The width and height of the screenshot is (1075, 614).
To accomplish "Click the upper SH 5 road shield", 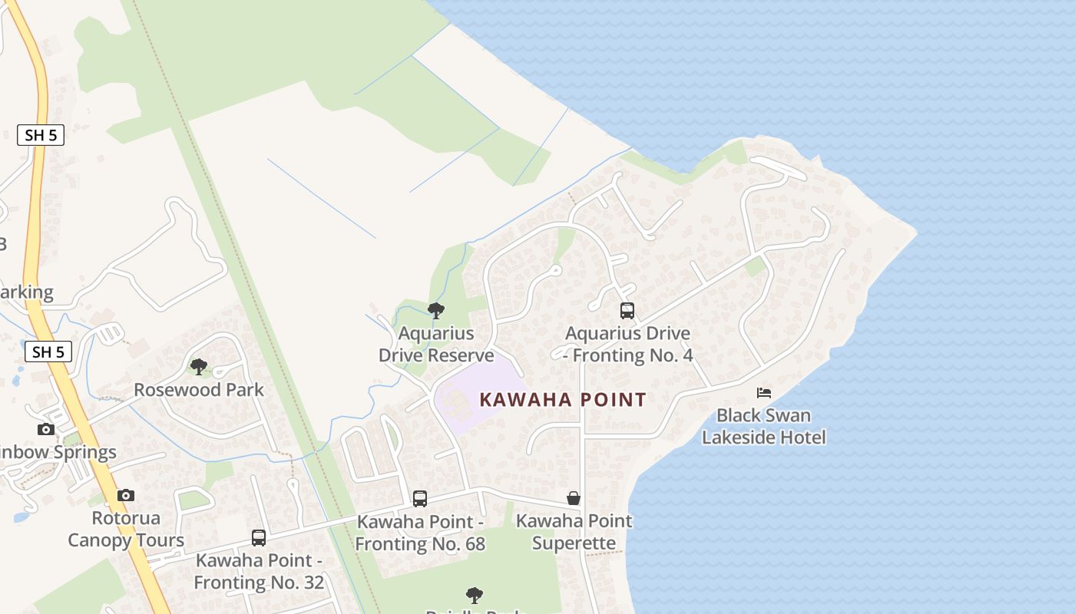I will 41,135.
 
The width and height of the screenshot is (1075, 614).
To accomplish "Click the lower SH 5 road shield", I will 48,352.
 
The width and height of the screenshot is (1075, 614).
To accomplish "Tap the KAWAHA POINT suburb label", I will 563,399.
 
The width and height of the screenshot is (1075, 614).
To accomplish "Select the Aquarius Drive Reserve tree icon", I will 436,311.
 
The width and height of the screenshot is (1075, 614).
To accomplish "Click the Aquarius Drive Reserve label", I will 436,345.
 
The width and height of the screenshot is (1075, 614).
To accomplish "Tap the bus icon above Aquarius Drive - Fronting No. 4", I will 627,311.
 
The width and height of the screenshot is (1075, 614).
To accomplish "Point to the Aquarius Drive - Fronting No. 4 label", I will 628,345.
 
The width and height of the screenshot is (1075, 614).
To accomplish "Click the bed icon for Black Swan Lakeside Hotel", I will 764,393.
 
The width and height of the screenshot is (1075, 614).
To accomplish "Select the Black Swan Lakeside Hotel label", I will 764,427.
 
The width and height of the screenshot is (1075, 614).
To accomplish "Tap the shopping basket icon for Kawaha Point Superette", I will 574,498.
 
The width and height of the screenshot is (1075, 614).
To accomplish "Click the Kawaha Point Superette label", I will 574,532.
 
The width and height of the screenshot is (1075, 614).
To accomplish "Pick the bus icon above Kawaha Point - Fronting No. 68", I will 420,499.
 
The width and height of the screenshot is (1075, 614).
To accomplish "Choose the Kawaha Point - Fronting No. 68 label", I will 421,533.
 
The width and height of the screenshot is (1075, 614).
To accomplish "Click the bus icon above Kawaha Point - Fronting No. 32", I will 259,538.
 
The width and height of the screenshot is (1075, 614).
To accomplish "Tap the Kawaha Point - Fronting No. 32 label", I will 259,572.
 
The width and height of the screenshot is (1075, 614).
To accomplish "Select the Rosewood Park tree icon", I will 199,367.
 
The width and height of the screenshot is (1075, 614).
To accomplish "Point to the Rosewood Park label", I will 199,390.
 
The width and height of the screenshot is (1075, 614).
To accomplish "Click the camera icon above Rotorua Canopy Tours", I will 126,496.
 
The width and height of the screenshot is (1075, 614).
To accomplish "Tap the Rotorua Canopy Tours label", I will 126,530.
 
